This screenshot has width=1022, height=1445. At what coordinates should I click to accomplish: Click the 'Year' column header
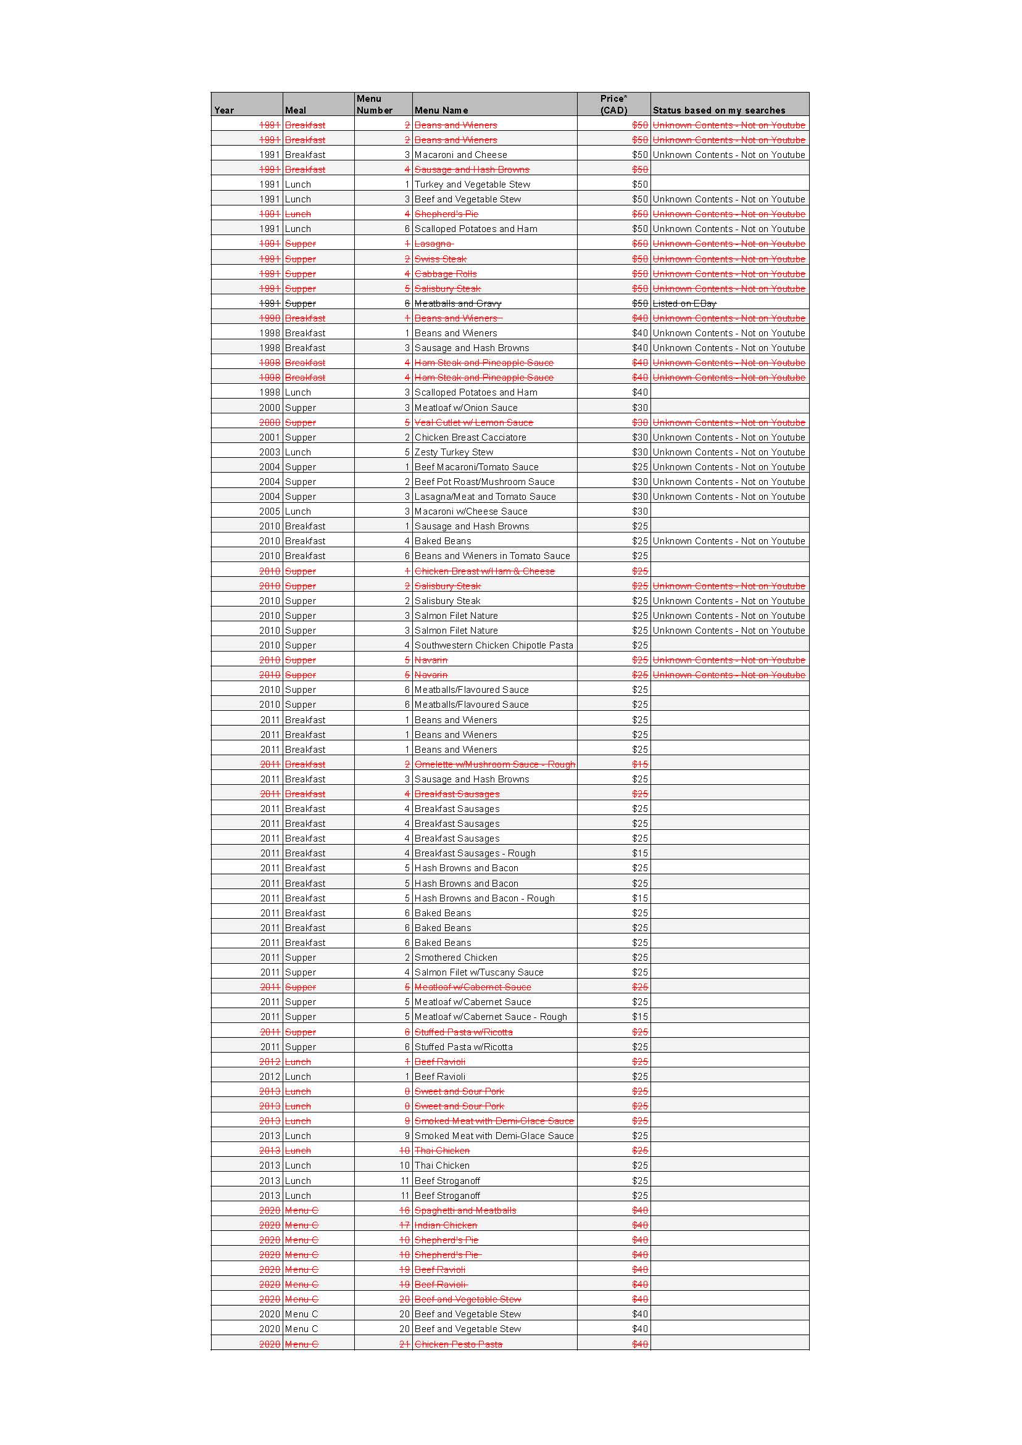click(224, 110)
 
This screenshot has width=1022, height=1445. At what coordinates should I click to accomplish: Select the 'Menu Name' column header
click(441, 110)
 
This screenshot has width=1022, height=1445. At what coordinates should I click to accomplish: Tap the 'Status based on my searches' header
click(718, 110)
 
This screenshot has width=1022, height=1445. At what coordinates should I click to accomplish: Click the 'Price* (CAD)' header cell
click(613, 104)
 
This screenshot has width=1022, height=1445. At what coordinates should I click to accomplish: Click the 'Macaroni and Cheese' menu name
click(460, 155)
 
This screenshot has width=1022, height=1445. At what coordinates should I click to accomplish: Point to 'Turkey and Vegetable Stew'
click(472, 184)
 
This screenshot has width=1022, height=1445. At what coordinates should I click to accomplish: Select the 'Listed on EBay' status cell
click(684, 304)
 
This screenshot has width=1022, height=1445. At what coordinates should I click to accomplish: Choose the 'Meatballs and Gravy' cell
click(458, 304)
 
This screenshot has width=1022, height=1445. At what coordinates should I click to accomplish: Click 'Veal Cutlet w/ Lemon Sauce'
click(473, 422)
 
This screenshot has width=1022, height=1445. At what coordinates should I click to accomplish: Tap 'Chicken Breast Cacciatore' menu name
click(470, 437)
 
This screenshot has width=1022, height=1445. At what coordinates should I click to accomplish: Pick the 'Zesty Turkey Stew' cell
click(454, 452)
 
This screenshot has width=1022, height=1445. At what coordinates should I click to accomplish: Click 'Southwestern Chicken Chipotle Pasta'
click(494, 645)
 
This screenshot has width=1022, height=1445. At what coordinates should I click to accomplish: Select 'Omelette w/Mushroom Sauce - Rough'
click(494, 764)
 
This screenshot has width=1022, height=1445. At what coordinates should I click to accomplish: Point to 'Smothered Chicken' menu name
click(455, 957)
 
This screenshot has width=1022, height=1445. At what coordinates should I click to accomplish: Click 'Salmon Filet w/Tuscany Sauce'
click(478, 972)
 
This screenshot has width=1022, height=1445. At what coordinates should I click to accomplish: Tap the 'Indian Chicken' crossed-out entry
click(445, 1225)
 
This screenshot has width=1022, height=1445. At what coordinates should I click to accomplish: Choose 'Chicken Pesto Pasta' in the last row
click(458, 1344)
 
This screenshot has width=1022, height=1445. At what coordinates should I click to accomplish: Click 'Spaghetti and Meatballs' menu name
click(465, 1211)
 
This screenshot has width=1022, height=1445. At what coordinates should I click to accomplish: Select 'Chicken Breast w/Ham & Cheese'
click(484, 571)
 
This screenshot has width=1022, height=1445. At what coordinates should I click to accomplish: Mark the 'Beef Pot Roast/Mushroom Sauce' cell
click(484, 481)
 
